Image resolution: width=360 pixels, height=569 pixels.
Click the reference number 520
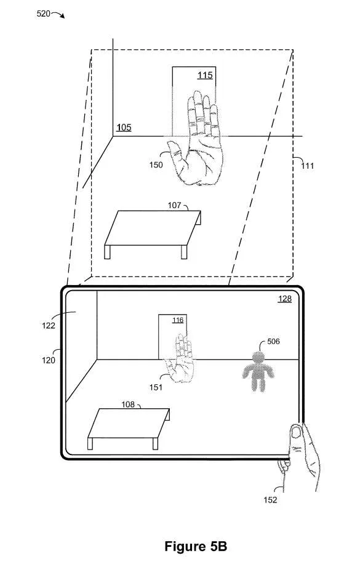click(x=44, y=14)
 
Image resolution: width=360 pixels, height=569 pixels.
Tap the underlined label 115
click(x=205, y=75)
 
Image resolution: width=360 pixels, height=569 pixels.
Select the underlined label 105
click(x=124, y=127)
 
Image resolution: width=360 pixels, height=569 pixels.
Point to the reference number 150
click(x=156, y=165)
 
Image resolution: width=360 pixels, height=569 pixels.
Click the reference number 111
click(x=308, y=166)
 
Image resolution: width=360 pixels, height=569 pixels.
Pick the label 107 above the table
click(x=174, y=206)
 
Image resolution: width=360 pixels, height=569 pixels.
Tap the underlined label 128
click(x=284, y=299)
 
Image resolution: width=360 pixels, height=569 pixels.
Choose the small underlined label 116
click(x=178, y=320)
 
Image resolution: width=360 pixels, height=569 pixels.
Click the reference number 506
click(x=273, y=342)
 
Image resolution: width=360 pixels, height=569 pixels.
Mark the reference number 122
click(x=49, y=326)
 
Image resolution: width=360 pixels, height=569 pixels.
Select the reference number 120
click(x=49, y=360)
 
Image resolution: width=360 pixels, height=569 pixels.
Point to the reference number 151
click(x=156, y=387)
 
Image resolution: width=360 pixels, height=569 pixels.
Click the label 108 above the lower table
click(x=128, y=404)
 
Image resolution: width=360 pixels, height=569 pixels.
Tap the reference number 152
click(x=270, y=500)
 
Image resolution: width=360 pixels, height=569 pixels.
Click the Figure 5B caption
click(x=196, y=546)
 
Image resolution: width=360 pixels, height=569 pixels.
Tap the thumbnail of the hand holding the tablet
click(x=297, y=432)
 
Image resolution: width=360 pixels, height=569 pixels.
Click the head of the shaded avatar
click(x=258, y=357)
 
